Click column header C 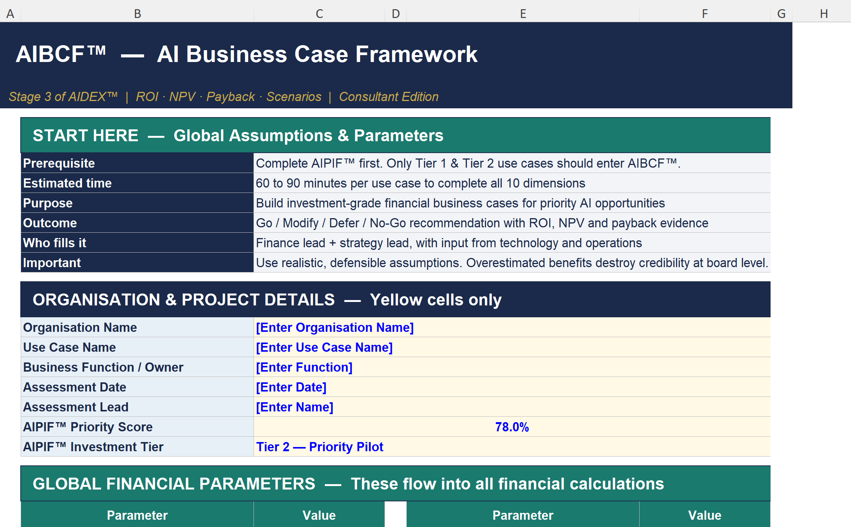(319, 14)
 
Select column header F (705, 14)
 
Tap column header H (824, 14)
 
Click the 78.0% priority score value (512, 427)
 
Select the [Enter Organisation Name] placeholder (335, 328)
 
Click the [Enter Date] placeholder (291, 387)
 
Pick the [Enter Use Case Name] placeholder (324, 348)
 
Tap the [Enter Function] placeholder (304, 367)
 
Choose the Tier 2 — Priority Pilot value (319, 447)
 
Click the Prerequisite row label (59, 163)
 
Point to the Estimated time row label (67, 183)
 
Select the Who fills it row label (55, 243)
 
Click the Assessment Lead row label (76, 407)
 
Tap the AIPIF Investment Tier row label (93, 447)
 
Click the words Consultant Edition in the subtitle (389, 97)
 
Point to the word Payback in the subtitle (231, 97)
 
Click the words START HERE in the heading (85, 136)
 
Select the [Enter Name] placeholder (295, 407)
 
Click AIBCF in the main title (61, 54)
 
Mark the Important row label (52, 263)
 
